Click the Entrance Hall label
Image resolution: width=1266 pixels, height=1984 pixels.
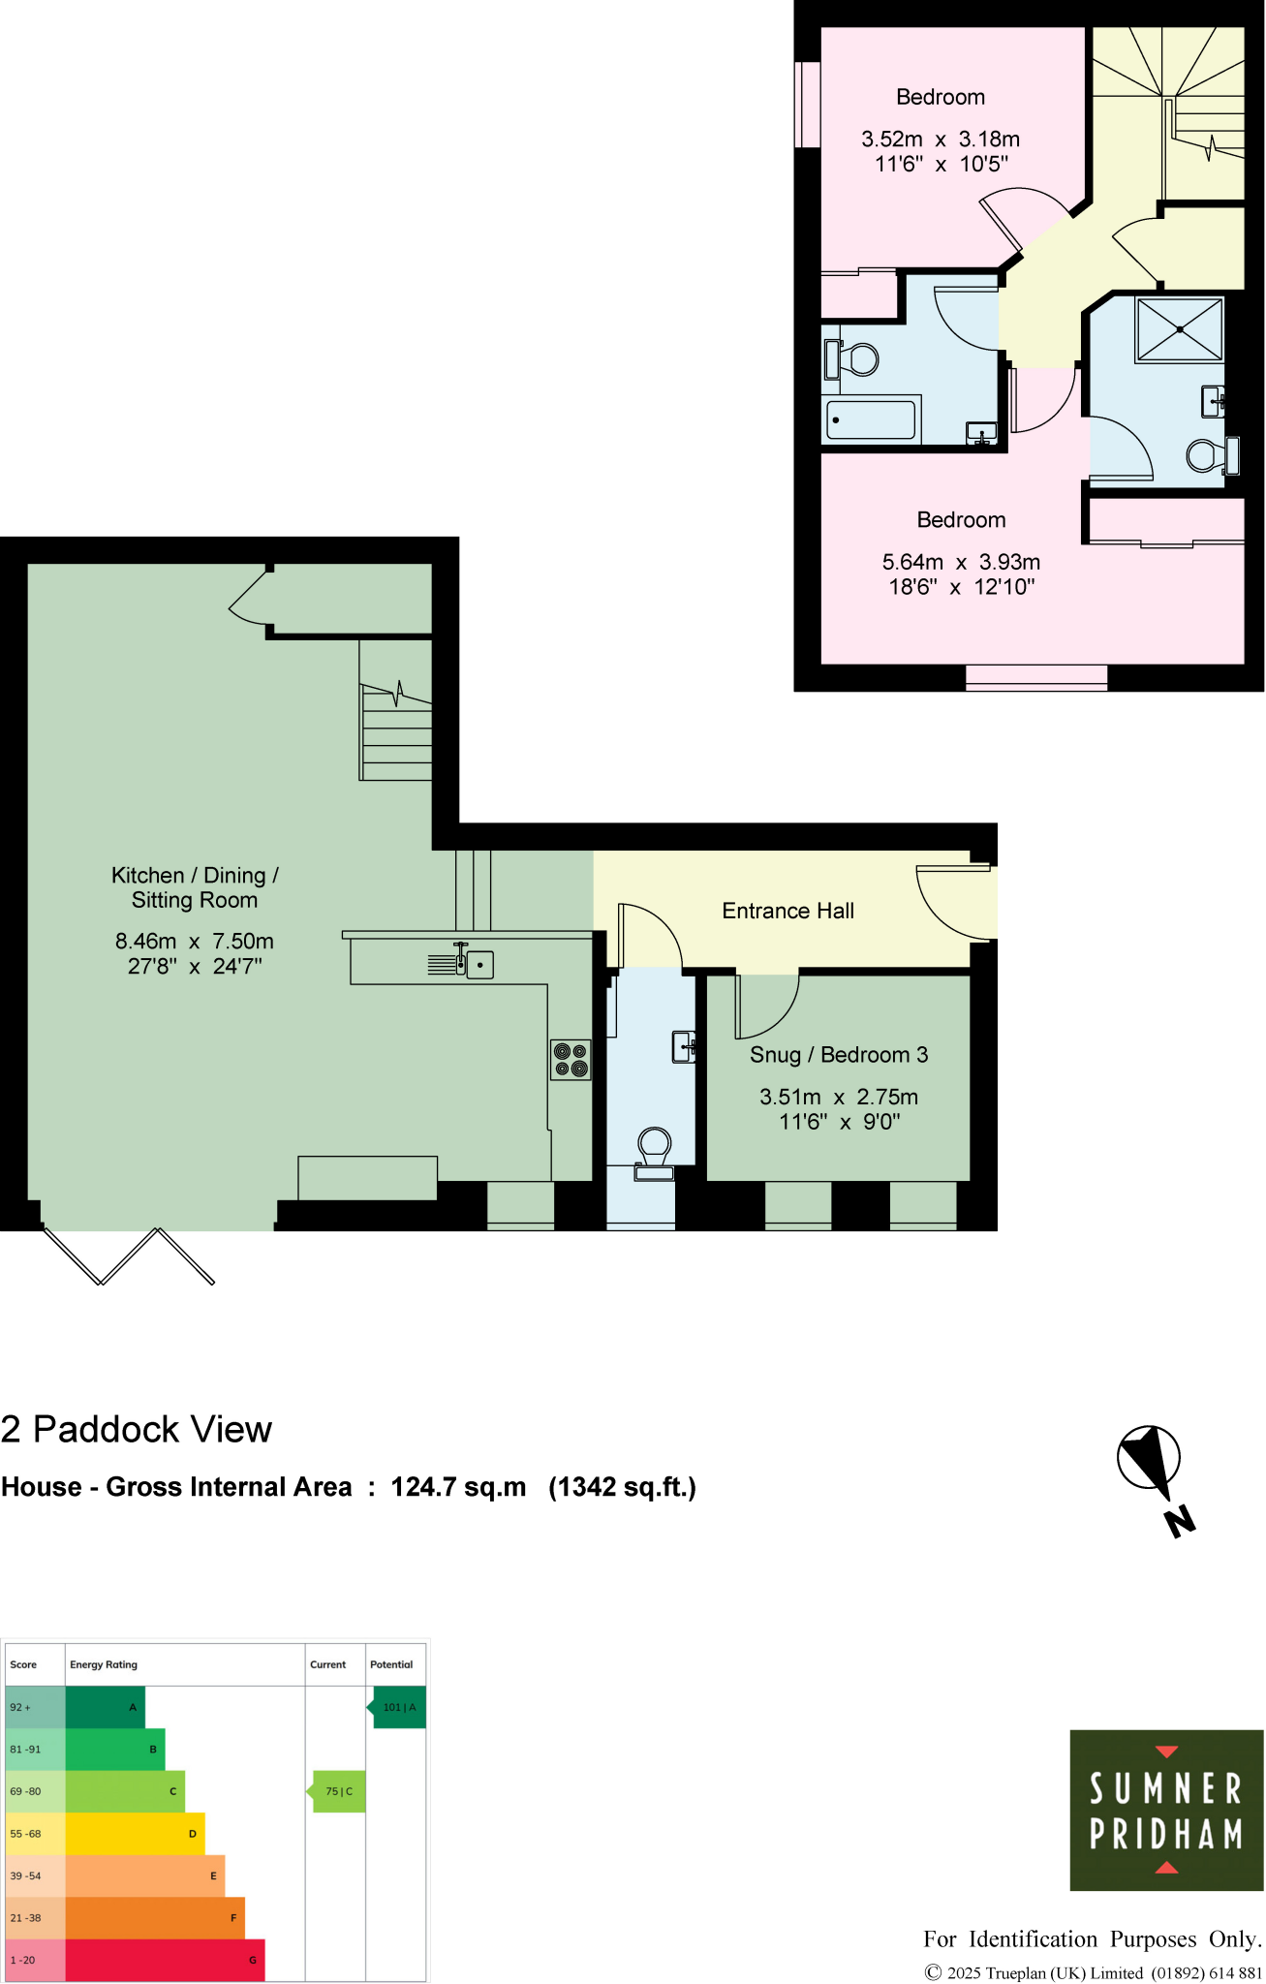point(787,911)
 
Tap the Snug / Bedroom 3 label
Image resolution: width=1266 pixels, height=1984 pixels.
point(838,1055)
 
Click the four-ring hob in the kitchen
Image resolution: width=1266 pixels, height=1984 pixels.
point(571,1060)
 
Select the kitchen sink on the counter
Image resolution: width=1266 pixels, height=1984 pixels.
point(479,965)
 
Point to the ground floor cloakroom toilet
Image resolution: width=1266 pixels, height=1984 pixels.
point(655,1150)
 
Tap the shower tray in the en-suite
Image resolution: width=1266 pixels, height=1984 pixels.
point(1180,329)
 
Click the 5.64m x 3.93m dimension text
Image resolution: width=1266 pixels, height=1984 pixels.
point(961,562)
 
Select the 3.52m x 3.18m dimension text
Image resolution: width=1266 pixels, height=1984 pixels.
point(940,139)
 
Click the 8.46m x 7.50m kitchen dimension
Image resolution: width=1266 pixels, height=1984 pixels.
point(194,942)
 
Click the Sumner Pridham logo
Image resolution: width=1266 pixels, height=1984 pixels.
point(1165,1810)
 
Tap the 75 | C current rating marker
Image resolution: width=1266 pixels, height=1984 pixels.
point(339,1791)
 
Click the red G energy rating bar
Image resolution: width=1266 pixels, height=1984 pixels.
point(165,1959)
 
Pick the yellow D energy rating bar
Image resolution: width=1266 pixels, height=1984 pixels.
point(135,1833)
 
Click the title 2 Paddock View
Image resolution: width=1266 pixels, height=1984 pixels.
point(137,1430)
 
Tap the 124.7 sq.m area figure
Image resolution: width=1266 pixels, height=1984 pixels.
point(458,1487)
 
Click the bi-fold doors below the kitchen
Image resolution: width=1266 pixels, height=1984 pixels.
point(128,1255)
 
